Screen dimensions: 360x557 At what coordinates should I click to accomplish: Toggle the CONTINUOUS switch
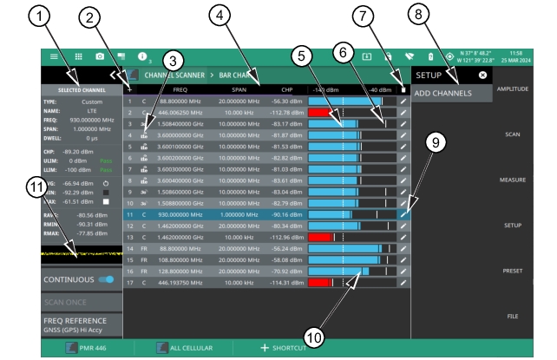click(107, 280)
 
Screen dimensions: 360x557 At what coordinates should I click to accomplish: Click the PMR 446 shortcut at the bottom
click(83, 348)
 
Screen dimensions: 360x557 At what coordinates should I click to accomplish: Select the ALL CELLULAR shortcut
click(184, 348)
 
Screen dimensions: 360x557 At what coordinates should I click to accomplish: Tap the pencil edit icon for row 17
click(403, 282)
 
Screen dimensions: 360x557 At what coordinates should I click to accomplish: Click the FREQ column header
click(180, 89)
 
